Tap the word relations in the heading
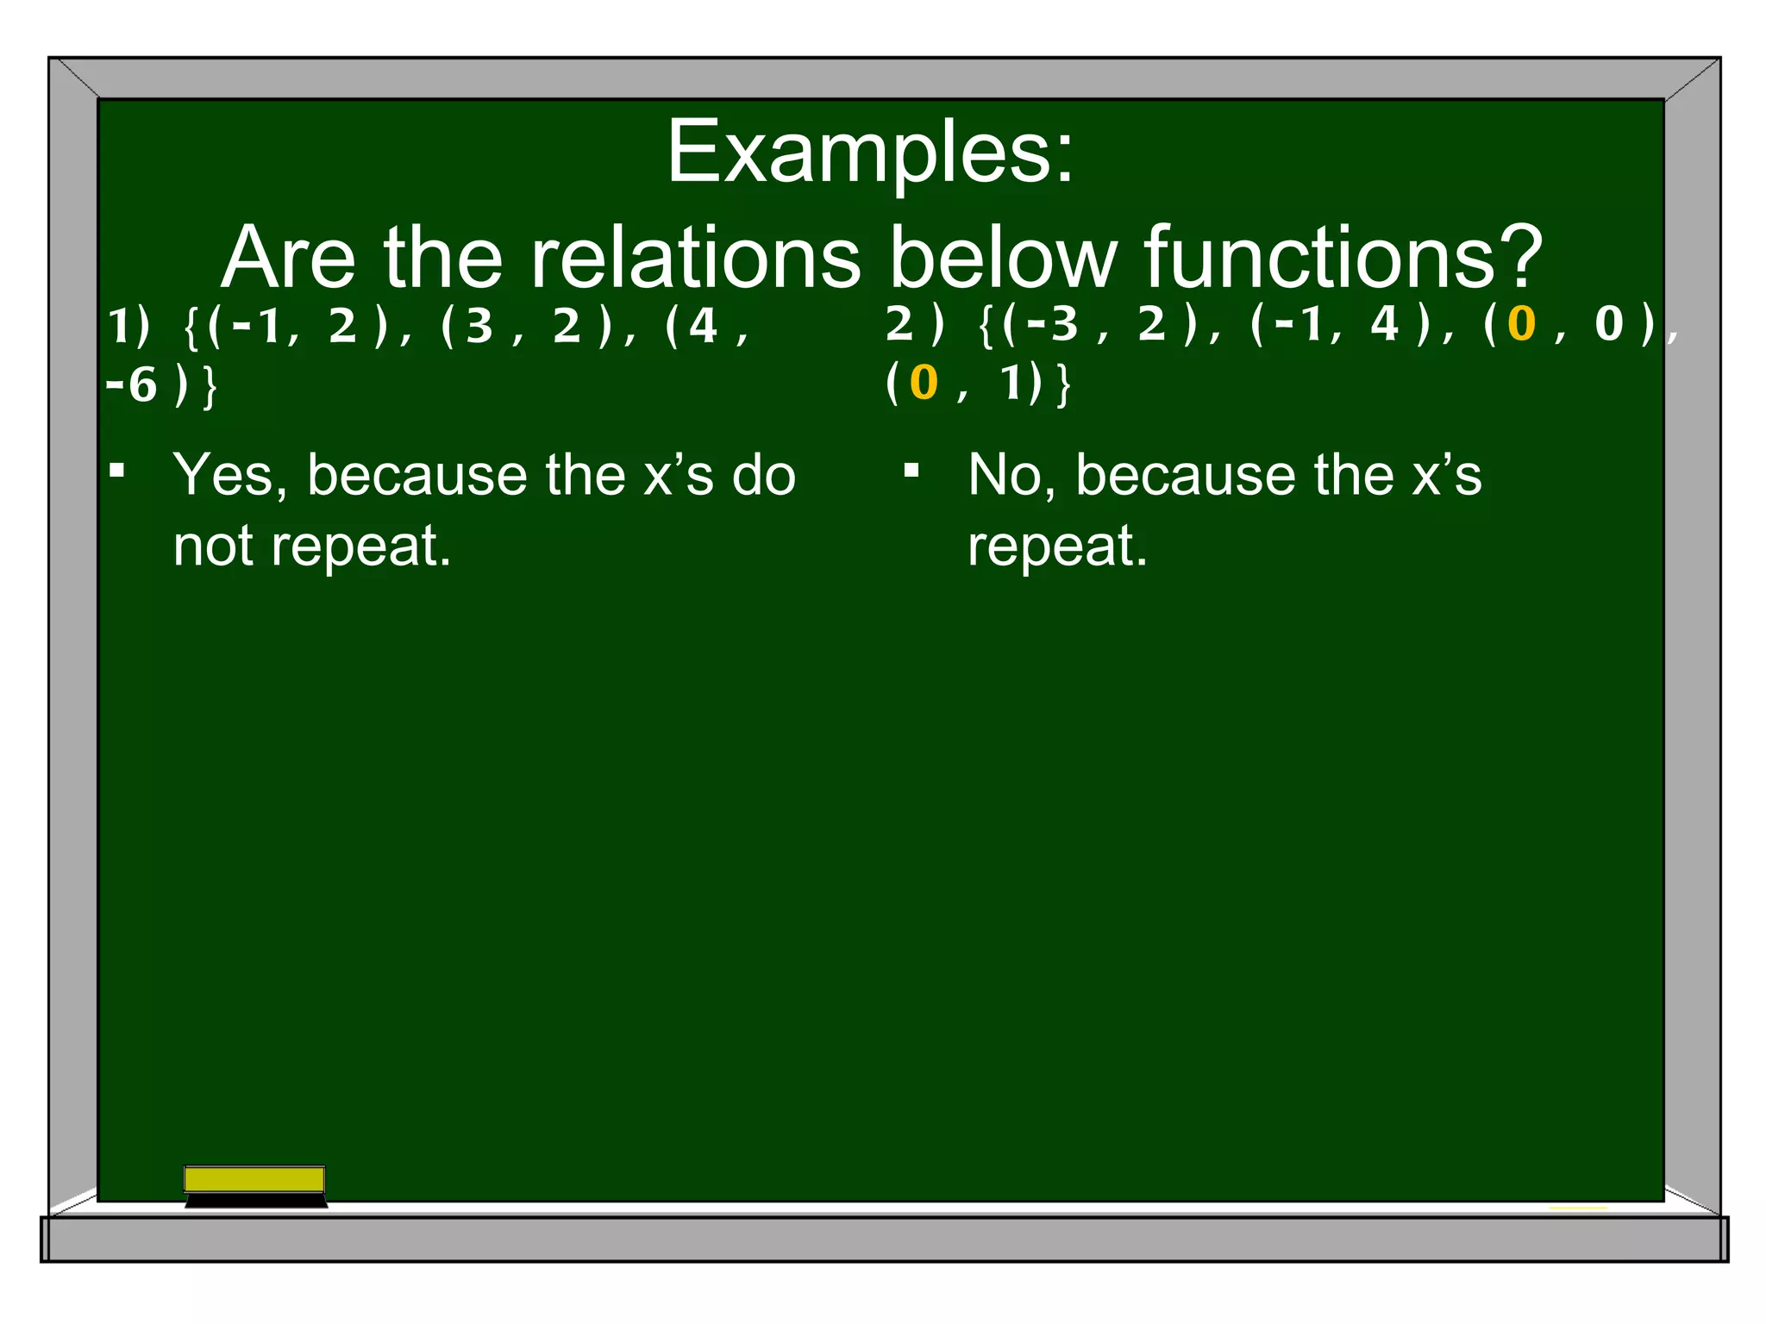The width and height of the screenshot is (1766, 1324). (x=694, y=258)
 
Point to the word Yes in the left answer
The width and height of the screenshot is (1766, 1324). (x=223, y=476)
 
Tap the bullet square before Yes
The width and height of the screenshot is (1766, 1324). (x=117, y=471)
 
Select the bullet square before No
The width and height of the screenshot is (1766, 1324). (x=911, y=471)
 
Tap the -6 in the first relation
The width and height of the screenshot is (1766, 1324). (x=132, y=385)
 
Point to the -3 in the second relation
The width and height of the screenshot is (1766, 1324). (x=1053, y=325)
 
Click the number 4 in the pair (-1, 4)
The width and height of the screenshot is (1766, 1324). (x=1384, y=325)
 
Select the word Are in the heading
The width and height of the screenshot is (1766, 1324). (x=289, y=258)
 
